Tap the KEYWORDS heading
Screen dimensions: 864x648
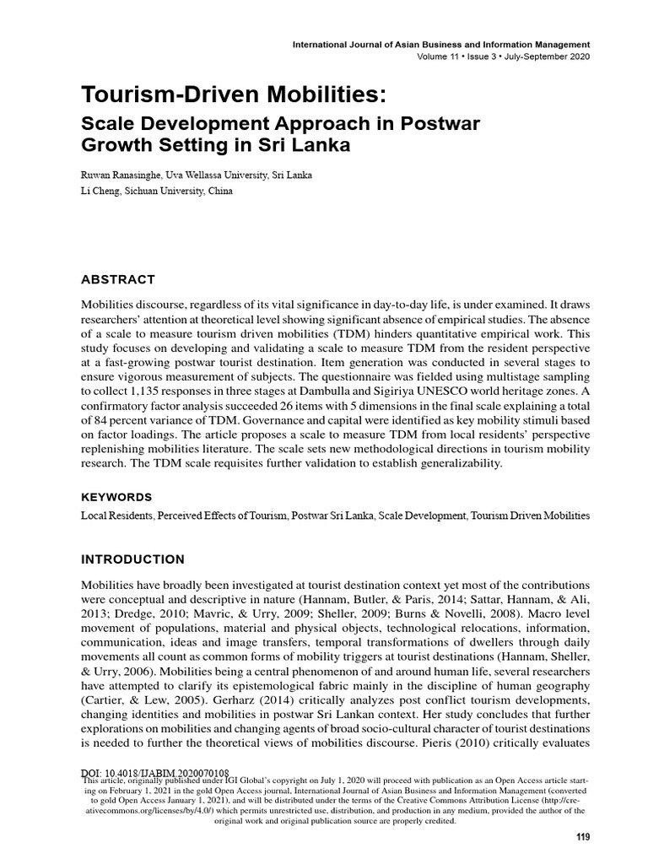pos(116,497)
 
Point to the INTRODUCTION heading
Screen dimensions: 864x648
pos(132,559)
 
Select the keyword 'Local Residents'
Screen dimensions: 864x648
pos(116,514)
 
